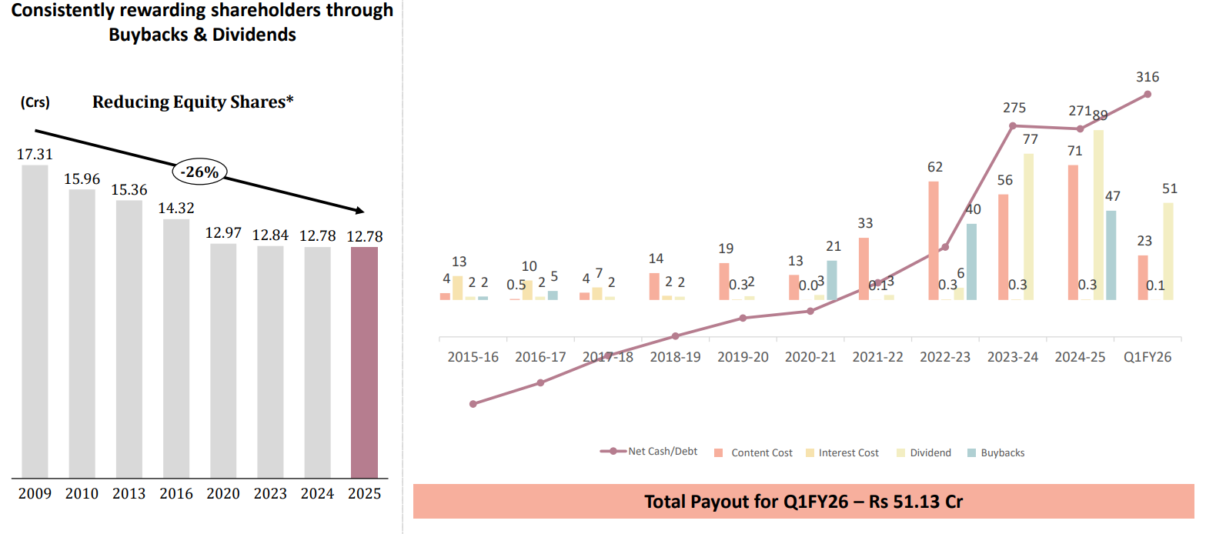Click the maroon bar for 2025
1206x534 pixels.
click(364, 362)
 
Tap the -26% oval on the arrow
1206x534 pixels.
click(199, 172)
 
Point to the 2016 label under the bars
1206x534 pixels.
click(176, 494)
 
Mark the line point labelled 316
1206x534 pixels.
click(1148, 94)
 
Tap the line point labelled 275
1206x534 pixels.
click(1013, 125)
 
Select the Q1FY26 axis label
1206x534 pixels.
click(1147, 358)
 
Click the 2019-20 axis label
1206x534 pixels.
click(743, 358)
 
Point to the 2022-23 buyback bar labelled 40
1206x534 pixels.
click(971, 262)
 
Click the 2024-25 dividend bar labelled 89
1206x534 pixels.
click(1098, 215)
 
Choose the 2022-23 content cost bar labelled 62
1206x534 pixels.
click(934, 240)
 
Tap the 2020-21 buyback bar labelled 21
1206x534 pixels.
click(832, 280)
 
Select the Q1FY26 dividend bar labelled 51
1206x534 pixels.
click(1168, 251)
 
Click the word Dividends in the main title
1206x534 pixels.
click(255, 35)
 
